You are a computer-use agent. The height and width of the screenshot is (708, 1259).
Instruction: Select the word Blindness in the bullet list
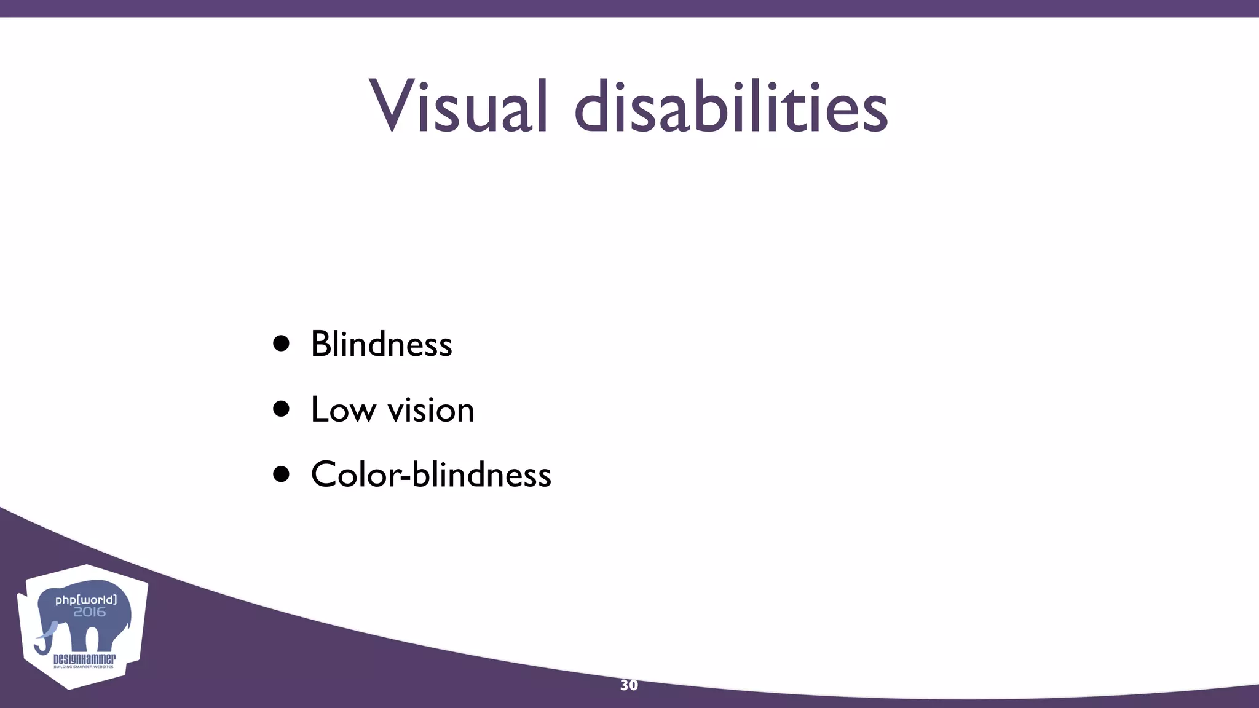(x=381, y=344)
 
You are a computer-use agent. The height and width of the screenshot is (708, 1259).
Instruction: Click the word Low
(x=343, y=409)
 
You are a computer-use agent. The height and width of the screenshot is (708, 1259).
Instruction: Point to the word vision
(x=431, y=411)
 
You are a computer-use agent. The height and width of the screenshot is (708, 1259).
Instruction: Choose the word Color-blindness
(x=431, y=475)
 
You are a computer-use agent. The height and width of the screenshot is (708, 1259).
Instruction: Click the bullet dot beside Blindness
(x=282, y=344)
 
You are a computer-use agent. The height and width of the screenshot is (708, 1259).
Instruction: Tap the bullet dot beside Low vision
(x=282, y=409)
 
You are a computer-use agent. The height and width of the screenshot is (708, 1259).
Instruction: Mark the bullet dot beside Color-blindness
(x=282, y=474)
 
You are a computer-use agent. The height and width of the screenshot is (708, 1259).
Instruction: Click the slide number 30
(x=629, y=685)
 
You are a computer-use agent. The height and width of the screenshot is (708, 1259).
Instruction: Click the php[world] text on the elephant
(x=85, y=599)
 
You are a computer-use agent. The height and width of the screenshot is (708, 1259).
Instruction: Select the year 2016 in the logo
(x=90, y=612)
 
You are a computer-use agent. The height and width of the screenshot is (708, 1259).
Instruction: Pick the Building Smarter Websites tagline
(x=84, y=667)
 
